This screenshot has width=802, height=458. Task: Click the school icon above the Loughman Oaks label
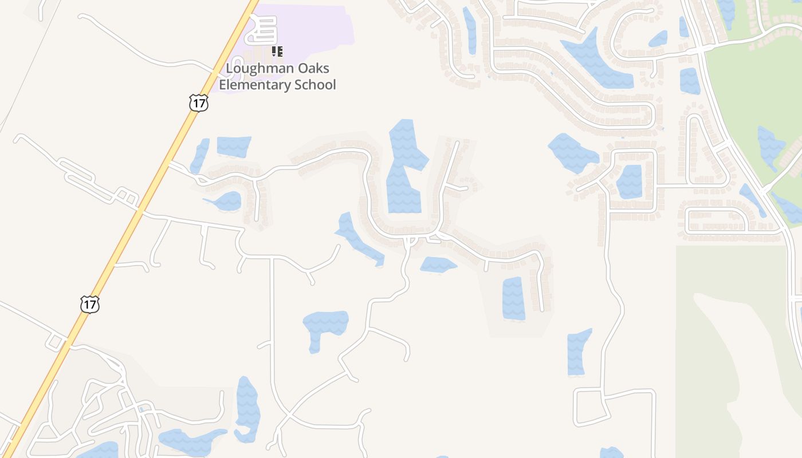(277, 52)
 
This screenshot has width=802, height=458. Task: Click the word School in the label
(315, 85)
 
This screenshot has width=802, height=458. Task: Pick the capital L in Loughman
(229, 69)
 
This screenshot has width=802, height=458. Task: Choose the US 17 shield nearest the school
(198, 103)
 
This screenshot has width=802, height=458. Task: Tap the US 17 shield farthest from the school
(90, 304)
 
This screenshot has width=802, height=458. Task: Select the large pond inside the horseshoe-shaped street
(405, 172)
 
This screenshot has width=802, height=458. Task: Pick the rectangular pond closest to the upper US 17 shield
(234, 146)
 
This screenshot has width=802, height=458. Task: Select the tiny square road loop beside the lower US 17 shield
(56, 342)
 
